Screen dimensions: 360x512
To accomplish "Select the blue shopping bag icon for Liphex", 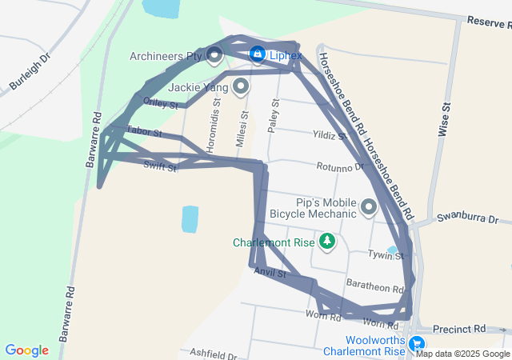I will point(257,54).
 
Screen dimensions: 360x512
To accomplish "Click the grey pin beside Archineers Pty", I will point(214,55).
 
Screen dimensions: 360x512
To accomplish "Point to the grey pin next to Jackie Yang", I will point(240,86).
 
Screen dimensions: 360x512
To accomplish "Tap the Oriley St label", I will point(160,102).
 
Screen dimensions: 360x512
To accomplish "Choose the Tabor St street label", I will point(144,131).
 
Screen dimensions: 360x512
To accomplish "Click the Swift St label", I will point(160,166).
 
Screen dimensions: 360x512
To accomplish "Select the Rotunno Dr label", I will point(340,168).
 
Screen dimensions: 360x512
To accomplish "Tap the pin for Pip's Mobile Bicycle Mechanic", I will point(369,207).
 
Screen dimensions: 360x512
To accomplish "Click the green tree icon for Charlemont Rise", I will point(326,240).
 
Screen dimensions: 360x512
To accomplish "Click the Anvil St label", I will point(270,274).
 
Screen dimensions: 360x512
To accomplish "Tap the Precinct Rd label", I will point(459,329).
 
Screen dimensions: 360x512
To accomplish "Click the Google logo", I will point(26,350).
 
